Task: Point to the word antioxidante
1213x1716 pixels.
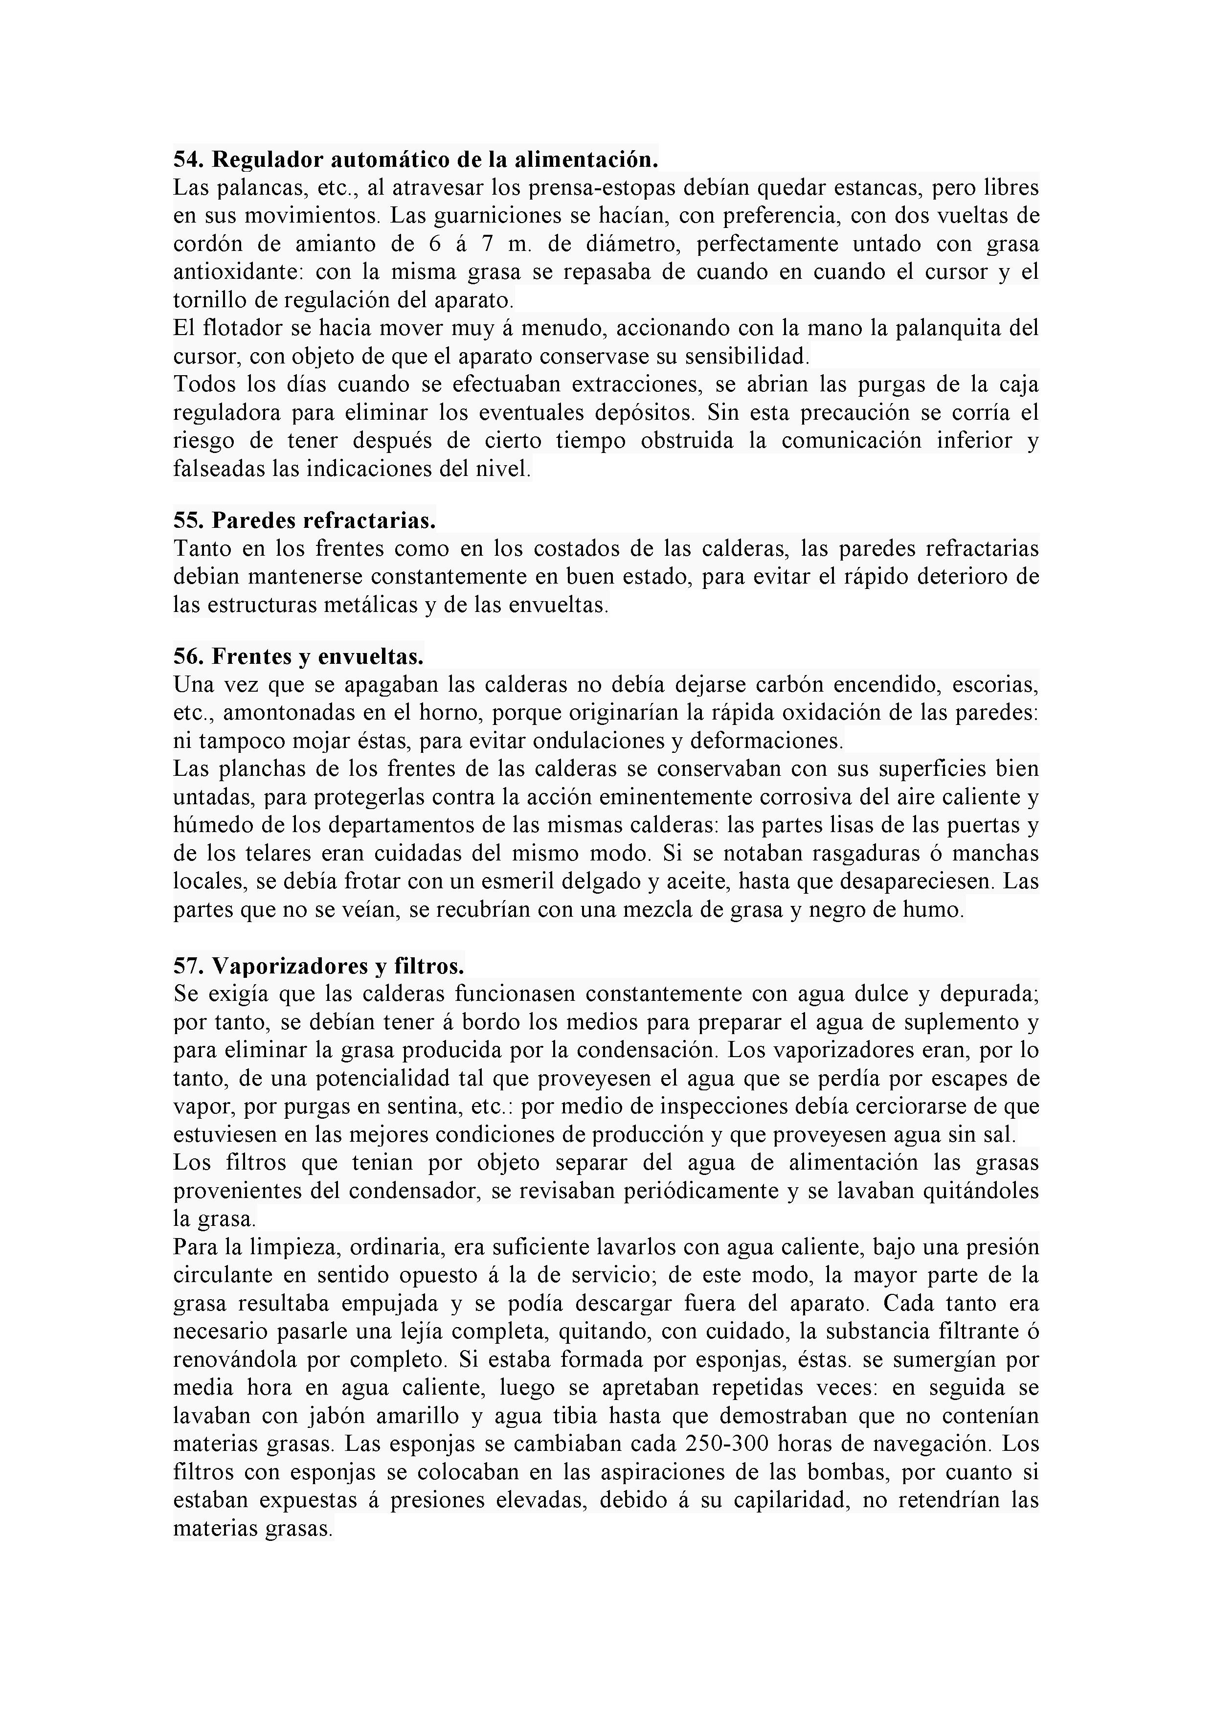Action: click(234, 272)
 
